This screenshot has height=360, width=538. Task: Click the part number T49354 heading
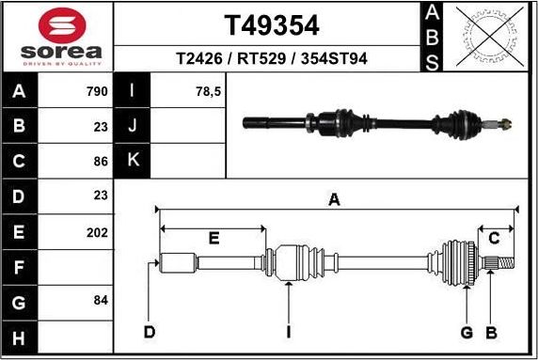(x=271, y=24)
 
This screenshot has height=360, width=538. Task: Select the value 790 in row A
(x=97, y=91)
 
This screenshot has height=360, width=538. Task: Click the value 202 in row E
(x=97, y=230)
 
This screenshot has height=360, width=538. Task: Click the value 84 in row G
(x=101, y=301)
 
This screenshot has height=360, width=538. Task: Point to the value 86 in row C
(x=101, y=161)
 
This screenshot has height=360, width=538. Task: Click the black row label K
(x=133, y=161)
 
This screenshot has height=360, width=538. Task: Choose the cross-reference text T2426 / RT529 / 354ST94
(x=271, y=59)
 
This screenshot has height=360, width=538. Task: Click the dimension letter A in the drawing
(x=333, y=199)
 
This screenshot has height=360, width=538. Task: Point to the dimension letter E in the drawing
(x=214, y=239)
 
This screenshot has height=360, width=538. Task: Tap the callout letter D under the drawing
(x=149, y=332)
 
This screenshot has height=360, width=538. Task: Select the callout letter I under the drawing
(x=289, y=332)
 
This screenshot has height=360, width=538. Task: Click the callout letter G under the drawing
(x=466, y=332)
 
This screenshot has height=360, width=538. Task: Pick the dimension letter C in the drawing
(x=493, y=239)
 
